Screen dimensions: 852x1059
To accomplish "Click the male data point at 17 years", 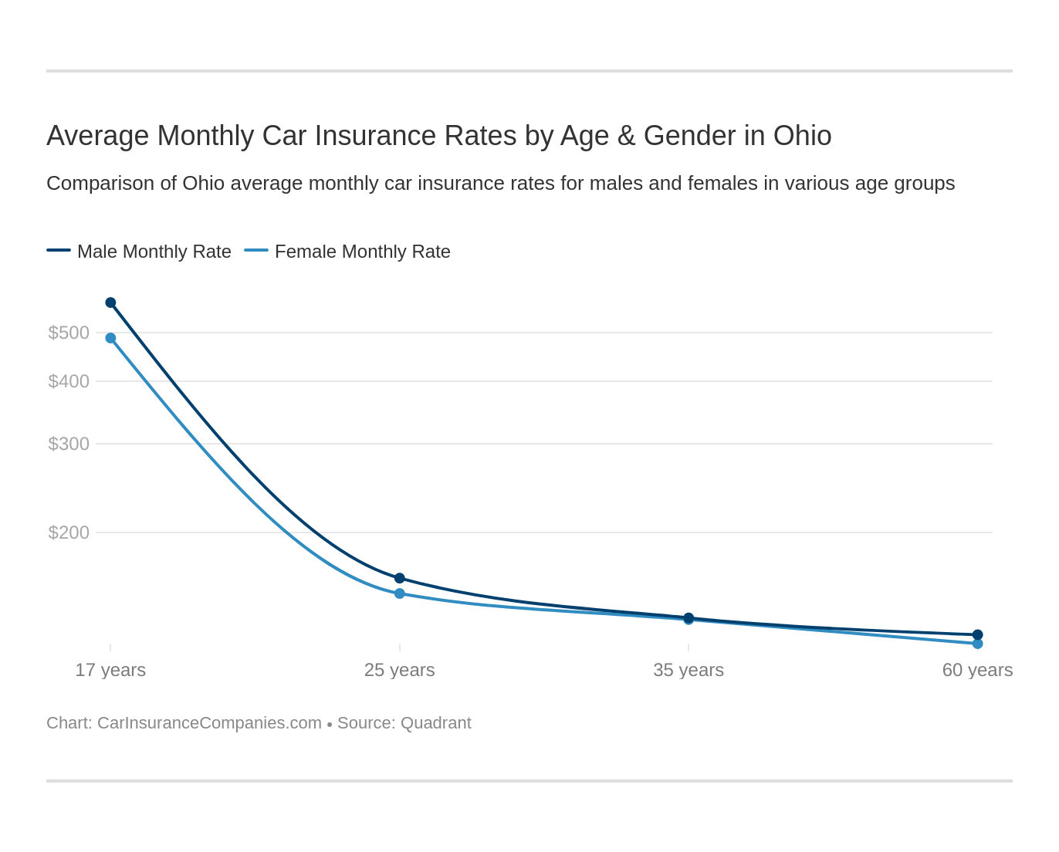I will (110, 303).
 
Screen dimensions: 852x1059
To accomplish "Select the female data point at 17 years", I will (110, 338).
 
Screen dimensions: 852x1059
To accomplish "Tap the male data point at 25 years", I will (400, 578).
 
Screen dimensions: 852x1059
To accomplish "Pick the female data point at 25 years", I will (400, 593).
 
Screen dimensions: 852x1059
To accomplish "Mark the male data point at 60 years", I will (977, 634).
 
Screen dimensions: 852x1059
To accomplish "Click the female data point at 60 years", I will (977, 644).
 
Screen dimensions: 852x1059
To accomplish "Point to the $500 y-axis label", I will (69, 333).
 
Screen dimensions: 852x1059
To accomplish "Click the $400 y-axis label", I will (69, 381).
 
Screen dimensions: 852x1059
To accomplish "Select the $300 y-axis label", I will (69, 444).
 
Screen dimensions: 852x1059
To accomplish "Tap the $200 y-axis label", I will (69, 532).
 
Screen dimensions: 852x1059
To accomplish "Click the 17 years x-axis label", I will (110, 670).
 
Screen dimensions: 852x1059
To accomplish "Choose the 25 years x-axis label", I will (400, 670).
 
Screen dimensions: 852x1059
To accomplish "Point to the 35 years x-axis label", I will (689, 670).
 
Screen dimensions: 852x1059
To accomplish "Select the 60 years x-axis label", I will (977, 670).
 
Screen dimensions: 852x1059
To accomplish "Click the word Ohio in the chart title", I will (802, 136).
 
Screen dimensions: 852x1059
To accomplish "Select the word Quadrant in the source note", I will (436, 723).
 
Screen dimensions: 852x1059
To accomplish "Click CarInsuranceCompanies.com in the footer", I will (209, 723).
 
